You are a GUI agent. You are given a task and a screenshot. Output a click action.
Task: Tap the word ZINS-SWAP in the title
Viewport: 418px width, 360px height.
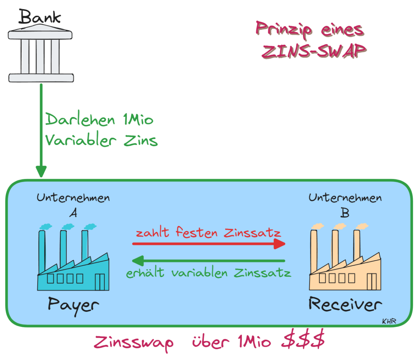[x=313, y=51]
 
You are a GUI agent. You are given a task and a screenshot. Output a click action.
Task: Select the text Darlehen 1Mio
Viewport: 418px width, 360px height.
[x=99, y=120]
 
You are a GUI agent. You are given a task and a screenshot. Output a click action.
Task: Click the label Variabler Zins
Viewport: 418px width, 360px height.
[x=101, y=140]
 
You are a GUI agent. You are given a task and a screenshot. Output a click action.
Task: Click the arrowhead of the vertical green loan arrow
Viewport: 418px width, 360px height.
[x=41, y=172]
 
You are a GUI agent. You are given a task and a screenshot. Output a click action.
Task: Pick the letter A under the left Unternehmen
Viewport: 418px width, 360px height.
[x=73, y=213]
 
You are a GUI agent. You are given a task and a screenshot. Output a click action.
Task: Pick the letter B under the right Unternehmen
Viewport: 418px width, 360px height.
[x=345, y=212]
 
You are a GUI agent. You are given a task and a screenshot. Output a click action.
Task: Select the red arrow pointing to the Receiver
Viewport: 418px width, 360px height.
[x=209, y=244]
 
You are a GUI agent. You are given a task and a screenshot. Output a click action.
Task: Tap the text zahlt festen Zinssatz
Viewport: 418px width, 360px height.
[x=208, y=232]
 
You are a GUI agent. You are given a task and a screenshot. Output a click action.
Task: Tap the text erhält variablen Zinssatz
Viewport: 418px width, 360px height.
[x=208, y=273]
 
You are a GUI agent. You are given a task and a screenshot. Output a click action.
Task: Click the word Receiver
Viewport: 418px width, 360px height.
[x=345, y=304]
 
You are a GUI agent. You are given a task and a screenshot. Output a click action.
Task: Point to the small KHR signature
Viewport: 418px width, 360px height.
[x=389, y=321]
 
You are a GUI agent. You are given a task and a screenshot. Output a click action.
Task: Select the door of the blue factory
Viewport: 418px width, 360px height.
[x=100, y=282]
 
